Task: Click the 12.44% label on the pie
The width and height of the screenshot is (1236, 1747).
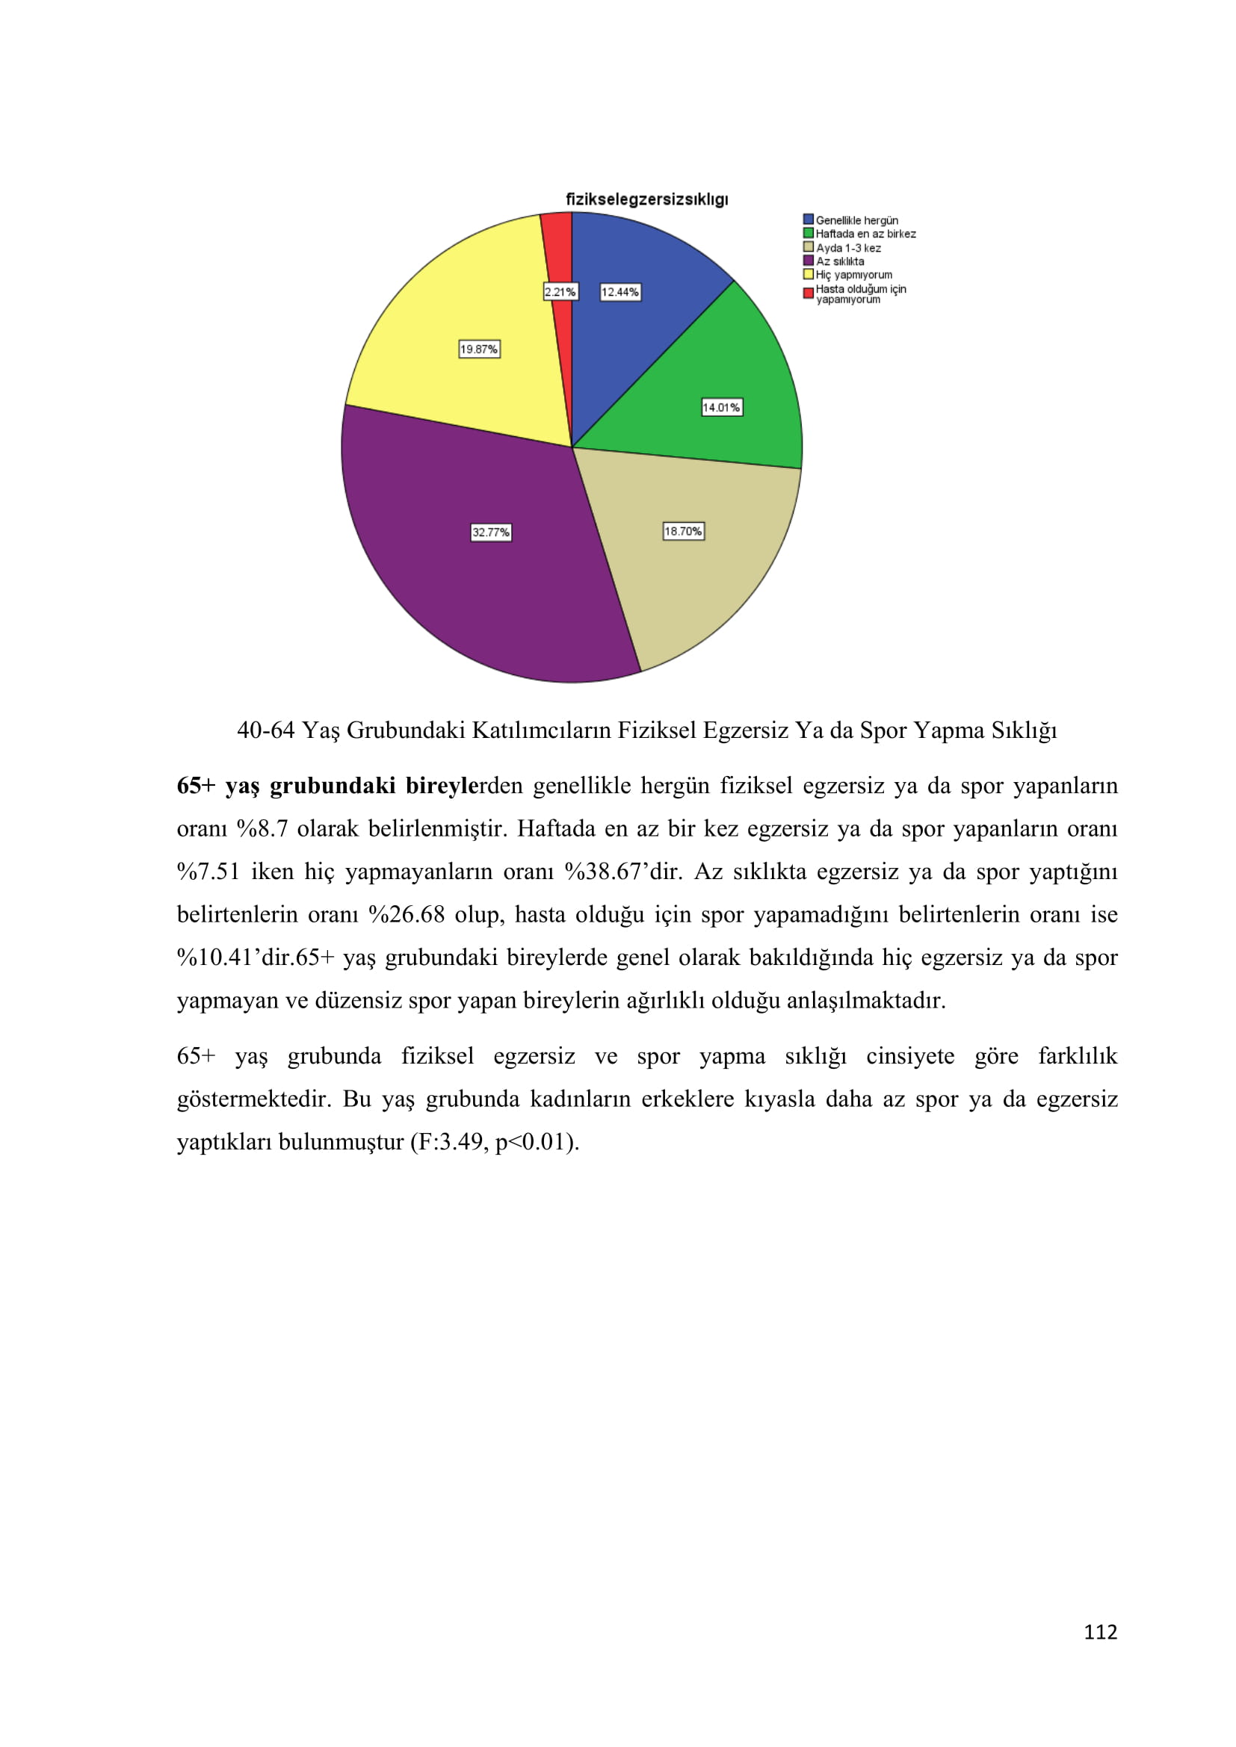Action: pos(620,292)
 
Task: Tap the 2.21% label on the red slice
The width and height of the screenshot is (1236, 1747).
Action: pos(560,292)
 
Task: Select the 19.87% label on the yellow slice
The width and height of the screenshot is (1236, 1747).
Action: pos(479,350)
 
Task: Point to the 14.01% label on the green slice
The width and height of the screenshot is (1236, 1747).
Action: pos(720,408)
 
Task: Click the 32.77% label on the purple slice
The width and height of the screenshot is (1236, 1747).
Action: pos(491,533)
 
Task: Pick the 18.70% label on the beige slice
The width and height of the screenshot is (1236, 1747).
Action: pos(684,531)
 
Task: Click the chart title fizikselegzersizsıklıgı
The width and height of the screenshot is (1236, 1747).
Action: pos(646,199)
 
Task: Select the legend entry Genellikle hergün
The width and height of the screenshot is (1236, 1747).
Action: pos(856,220)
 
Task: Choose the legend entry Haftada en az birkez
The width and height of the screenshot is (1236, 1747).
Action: pos(865,235)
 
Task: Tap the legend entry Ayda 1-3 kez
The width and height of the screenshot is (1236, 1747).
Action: pos(848,248)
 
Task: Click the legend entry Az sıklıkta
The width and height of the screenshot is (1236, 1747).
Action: pos(839,261)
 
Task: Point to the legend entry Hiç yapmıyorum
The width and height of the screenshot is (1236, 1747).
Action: pos(853,275)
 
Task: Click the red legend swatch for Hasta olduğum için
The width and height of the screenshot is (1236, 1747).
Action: pos(809,294)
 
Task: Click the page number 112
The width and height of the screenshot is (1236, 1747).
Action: pos(1100,1632)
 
